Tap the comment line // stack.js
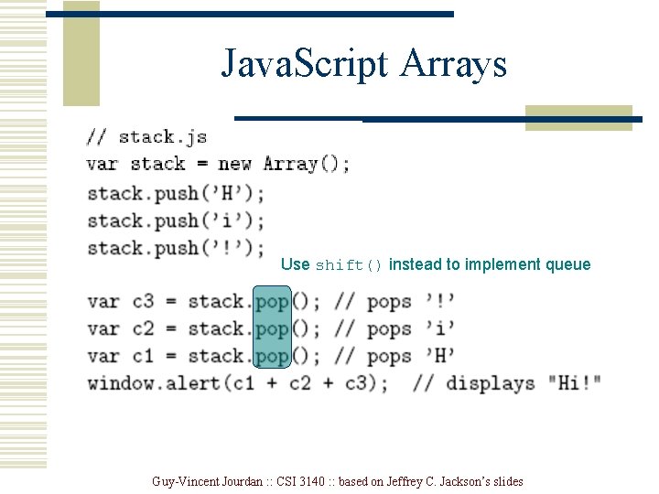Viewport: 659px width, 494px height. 146,137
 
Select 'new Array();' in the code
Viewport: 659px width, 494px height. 284,165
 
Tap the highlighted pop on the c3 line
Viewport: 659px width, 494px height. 272,301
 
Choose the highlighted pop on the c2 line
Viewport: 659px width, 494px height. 272,328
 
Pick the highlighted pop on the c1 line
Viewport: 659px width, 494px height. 272,356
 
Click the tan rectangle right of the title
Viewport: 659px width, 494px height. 578,118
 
